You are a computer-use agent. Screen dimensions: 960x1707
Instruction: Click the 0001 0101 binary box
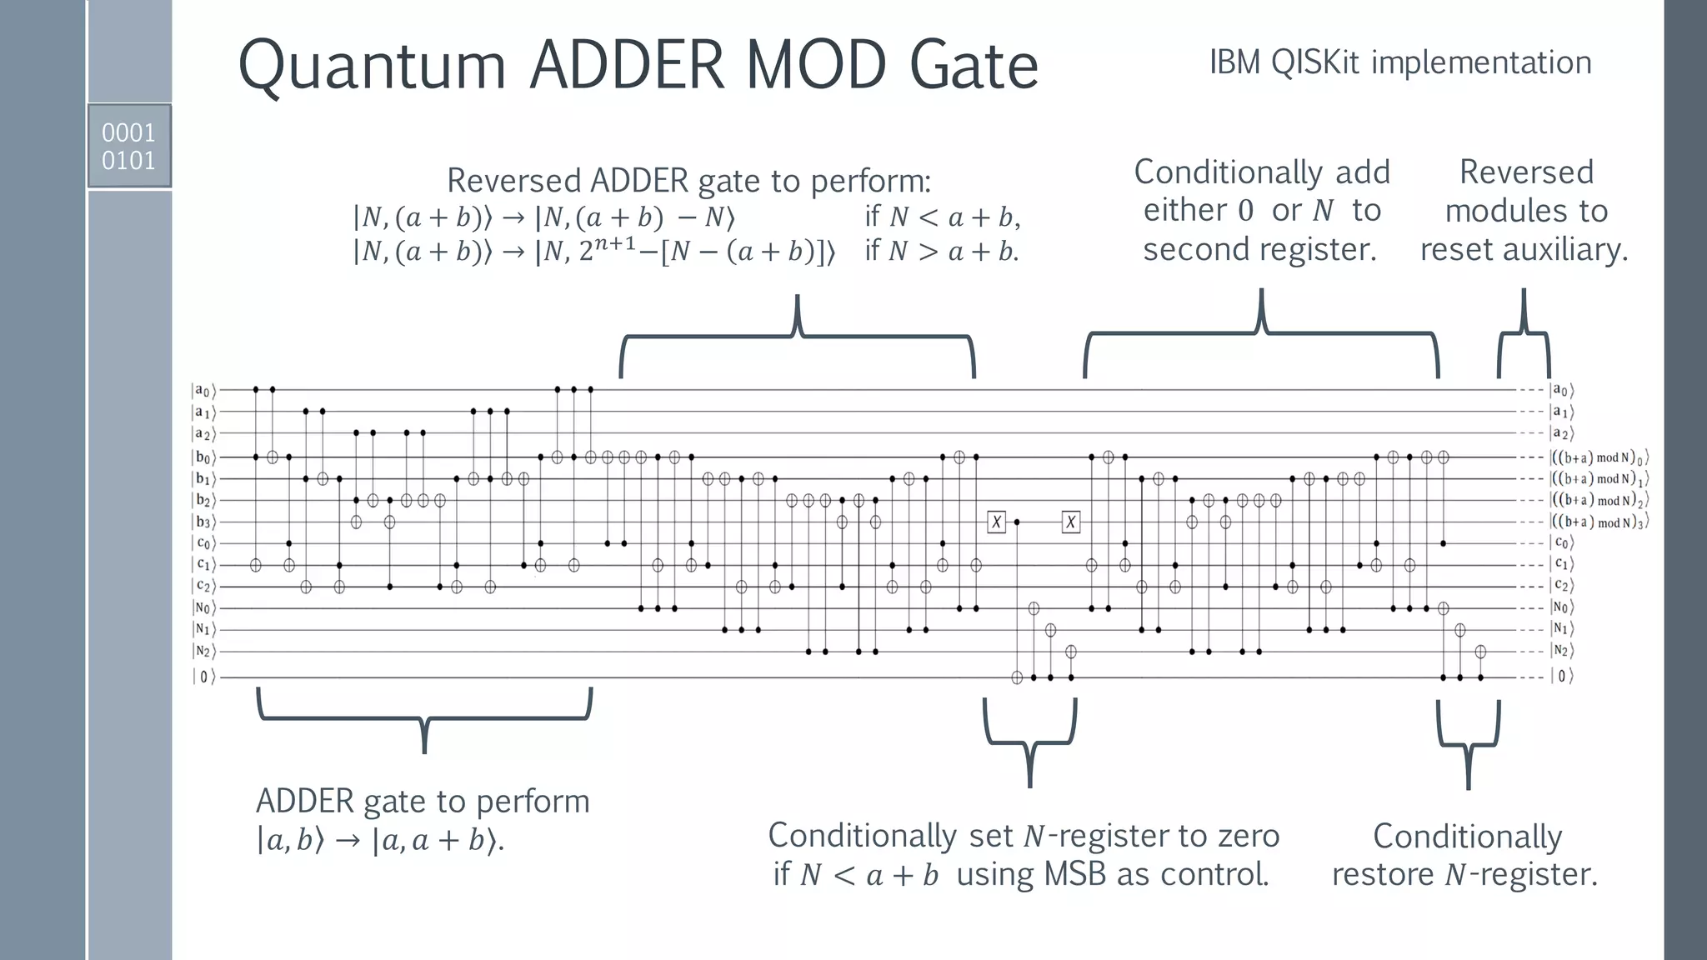click(x=129, y=146)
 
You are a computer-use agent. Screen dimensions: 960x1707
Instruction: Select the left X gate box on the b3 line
click(x=996, y=522)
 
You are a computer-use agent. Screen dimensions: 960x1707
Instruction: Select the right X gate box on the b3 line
click(x=1071, y=522)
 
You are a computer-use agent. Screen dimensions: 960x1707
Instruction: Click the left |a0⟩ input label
click(x=203, y=390)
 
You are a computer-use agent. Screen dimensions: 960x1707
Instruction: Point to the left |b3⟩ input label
click(x=203, y=522)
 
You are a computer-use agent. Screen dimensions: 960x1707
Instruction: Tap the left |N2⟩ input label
click(x=203, y=651)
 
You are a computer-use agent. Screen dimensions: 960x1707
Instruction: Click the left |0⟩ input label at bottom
click(x=203, y=677)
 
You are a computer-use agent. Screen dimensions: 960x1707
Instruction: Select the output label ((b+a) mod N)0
click(x=1599, y=457)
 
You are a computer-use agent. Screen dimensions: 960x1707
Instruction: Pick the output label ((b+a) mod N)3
click(x=1599, y=522)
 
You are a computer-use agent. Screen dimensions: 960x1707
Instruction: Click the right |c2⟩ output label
click(x=1562, y=586)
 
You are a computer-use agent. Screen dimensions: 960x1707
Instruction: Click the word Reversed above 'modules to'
click(x=1526, y=172)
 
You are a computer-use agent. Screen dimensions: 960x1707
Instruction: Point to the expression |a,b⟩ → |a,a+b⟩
click(x=380, y=840)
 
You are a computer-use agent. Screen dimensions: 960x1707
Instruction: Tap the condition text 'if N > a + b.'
click(x=942, y=251)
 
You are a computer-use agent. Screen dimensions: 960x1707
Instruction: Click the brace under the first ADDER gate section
click(x=424, y=717)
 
